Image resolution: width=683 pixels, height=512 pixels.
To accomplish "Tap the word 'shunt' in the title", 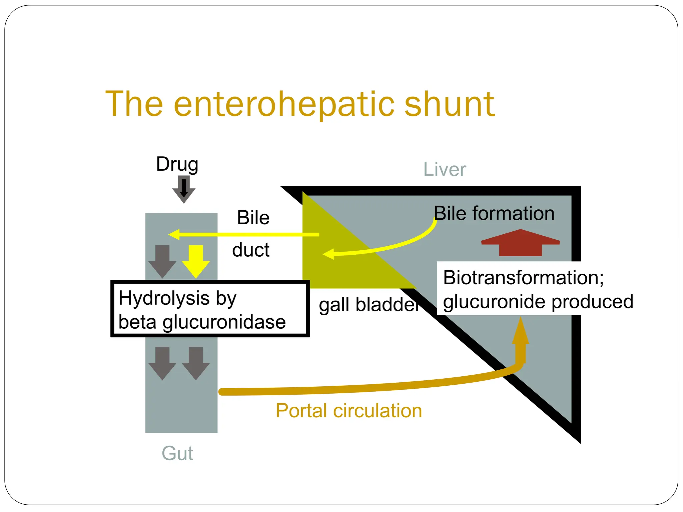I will (449, 104).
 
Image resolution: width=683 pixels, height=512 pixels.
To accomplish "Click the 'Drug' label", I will (177, 164).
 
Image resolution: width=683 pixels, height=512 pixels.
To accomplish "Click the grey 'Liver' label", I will (444, 169).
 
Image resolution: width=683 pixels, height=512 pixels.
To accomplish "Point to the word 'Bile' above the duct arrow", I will (253, 218).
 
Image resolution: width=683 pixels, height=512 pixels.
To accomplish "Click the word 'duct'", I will (251, 250).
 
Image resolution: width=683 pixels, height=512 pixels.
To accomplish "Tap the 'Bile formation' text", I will (494, 213).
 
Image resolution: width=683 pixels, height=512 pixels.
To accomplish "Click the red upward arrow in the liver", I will (520, 243).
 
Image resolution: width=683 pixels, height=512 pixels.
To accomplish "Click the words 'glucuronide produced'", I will (538, 302).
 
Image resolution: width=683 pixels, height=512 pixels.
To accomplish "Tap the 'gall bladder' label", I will (369, 305).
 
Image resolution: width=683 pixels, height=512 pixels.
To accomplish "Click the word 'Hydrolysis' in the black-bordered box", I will (163, 298).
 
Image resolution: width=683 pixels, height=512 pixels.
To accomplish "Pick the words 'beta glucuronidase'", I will (202, 322).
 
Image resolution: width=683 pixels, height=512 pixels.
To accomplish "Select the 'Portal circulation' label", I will (349, 410).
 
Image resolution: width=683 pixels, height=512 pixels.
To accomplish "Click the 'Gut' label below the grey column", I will (177, 453).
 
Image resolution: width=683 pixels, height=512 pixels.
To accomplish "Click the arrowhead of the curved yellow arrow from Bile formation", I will (328, 254).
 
